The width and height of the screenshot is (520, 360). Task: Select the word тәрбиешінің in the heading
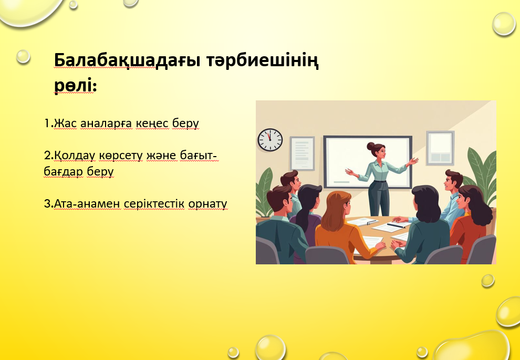pyautogui.click(x=262, y=61)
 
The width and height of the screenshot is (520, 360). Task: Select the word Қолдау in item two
pyautogui.click(x=74, y=155)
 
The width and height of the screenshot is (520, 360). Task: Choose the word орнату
pyautogui.click(x=207, y=204)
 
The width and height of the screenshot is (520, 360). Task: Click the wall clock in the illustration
pyautogui.click(x=271, y=140)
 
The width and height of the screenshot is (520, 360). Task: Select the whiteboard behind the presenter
pyautogui.click(x=368, y=162)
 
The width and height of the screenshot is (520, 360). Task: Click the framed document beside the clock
pyautogui.click(x=302, y=153)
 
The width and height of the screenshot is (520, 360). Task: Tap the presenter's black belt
pyautogui.click(x=380, y=181)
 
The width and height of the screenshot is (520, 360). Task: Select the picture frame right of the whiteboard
pyautogui.click(x=440, y=148)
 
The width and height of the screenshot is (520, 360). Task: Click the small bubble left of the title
pyautogui.click(x=23, y=56)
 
